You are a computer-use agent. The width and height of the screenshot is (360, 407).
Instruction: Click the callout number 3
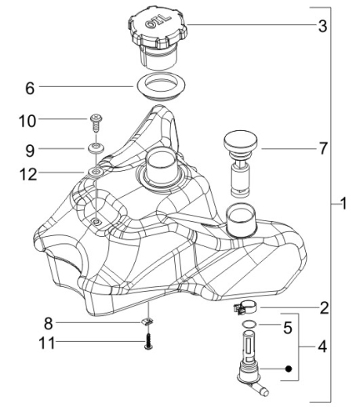point(322,26)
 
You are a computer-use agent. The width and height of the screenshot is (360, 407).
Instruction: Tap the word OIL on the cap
point(158,22)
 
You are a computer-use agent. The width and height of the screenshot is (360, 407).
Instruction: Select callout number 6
point(30,89)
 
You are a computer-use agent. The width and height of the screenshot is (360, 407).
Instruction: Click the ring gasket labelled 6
point(160,86)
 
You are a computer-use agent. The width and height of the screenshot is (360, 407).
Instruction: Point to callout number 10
point(27,122)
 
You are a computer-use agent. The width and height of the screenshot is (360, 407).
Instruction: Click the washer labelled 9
point(96,149)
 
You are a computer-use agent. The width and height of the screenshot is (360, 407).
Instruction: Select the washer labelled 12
point(96,173)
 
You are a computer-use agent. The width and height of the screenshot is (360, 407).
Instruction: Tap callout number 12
point(28,174)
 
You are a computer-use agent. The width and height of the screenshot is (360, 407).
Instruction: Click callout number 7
point(323,148)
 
